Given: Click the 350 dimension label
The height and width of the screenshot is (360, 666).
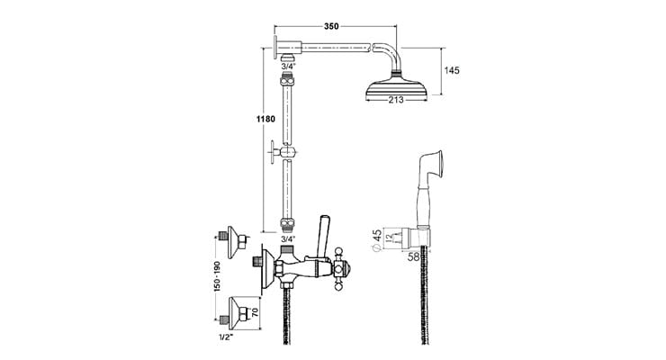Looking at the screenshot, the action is click(x=331, y=26).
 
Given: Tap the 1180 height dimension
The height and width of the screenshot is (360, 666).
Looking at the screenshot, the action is click(x=265, y=119).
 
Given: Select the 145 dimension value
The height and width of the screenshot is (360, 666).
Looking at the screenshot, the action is click(x=452, y=70).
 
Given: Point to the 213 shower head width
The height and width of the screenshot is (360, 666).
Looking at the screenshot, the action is click(x=395, y=100).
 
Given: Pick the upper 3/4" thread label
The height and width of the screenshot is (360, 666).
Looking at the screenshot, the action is click(x=288, y=67).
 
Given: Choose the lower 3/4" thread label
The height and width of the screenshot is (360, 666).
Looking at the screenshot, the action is click(x=288, y=239).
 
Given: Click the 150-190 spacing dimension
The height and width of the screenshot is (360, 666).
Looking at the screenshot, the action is click(x=217, y=275).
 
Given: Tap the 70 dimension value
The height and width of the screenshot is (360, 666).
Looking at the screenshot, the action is click(x=255, y=313).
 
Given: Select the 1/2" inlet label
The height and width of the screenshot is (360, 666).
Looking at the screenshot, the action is click(x=226, y=338).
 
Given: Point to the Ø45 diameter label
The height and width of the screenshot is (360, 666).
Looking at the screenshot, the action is click(x=377, y=240).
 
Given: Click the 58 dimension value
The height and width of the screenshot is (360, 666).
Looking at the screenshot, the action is click(x=414, y=256).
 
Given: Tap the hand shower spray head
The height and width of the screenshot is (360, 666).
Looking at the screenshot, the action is click(x=432, y=165).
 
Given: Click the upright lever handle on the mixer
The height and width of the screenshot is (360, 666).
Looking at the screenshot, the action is click(x=322, y=236).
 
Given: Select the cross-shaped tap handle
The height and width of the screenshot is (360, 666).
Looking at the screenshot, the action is click(x=339, y=269).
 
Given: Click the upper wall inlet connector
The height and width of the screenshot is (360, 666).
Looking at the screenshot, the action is click(x=233, y=242).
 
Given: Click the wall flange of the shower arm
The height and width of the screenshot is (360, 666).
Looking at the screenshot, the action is click(x=276, y=48).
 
